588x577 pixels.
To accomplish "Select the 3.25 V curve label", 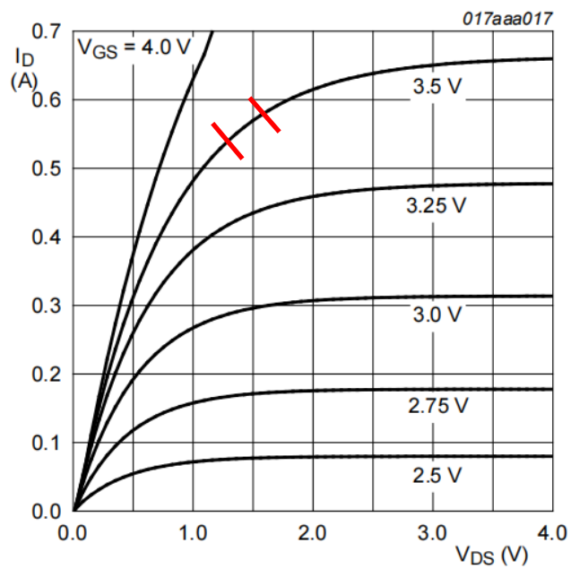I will [x=437, y=205].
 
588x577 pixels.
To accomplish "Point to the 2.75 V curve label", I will [x=437, y=405].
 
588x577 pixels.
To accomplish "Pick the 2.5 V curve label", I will [x=437, y=475].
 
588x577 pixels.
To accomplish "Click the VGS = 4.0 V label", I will [x=135, y=46].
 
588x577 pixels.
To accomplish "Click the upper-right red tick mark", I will [x=264, y=115].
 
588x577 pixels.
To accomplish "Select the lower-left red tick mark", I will [x=228, y=141].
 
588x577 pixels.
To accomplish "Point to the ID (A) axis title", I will [x=25, y=68].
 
